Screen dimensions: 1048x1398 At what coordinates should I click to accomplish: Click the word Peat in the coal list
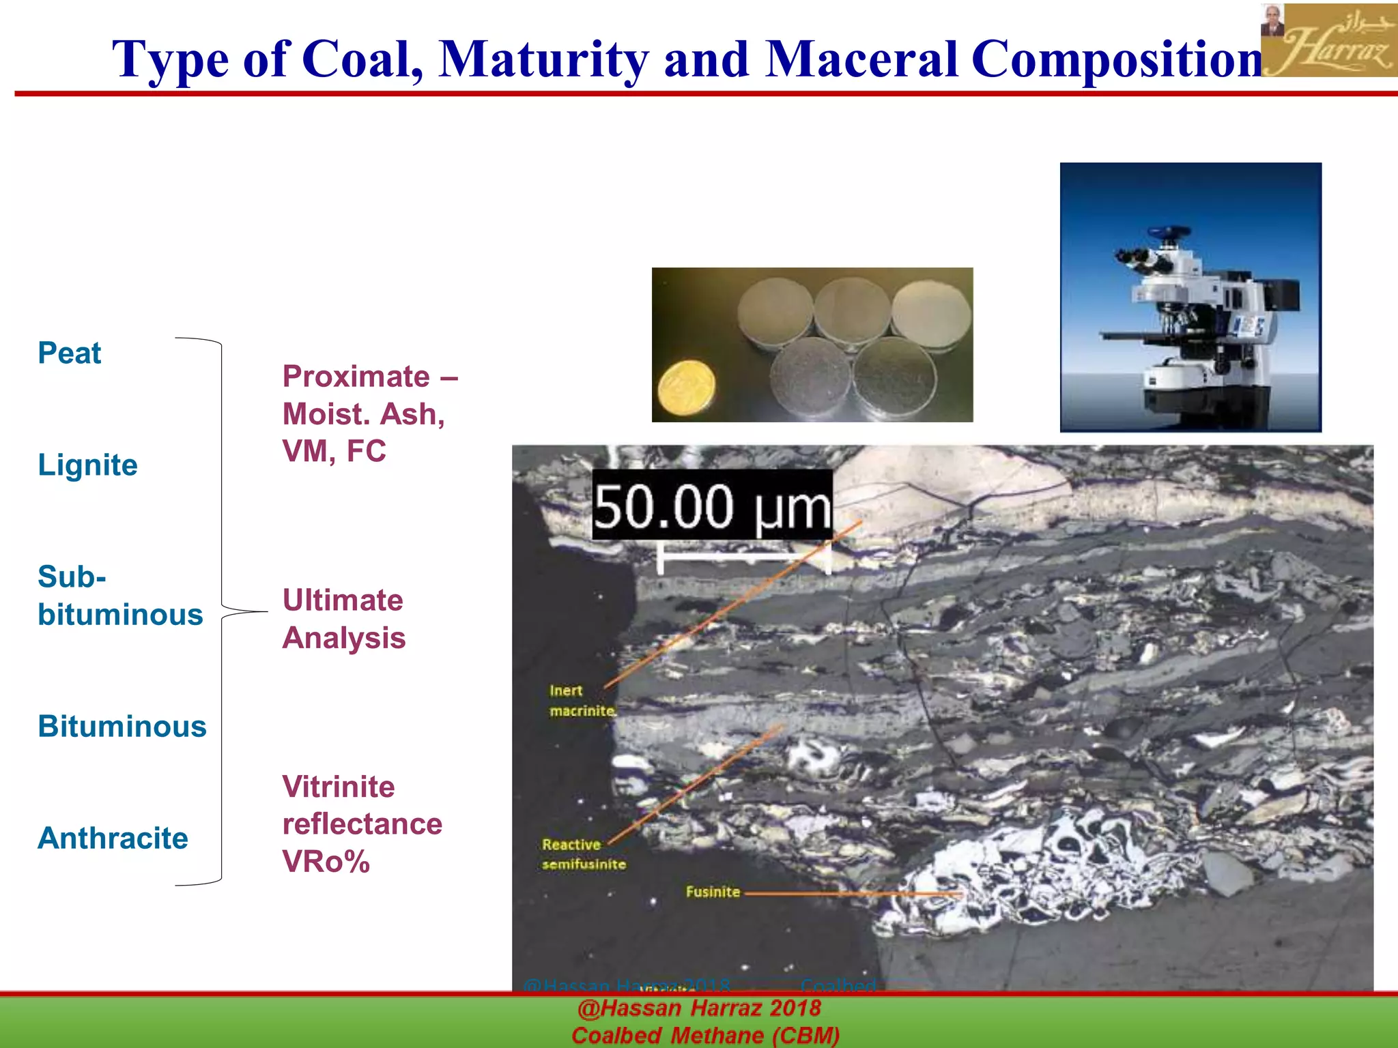tap(69, 353)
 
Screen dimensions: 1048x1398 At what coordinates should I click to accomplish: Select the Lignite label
tap(87, 465)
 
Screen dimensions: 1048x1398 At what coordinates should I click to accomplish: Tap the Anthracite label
tap(113, 838)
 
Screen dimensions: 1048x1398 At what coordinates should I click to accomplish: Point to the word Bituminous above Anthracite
tap(122, 726)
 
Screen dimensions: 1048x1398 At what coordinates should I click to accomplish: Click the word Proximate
tap(356, 377)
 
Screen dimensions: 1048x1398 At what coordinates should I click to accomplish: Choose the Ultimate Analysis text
tap(343, 619)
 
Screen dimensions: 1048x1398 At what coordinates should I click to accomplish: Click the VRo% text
tap(326, 862)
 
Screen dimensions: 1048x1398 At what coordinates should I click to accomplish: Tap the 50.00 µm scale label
tap(712, 506)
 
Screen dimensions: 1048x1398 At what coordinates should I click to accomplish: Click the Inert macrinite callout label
tap(582, 701)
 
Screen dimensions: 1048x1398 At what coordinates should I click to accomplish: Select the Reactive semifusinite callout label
tap(584, 854)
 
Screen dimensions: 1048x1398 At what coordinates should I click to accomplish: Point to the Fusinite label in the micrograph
tap(713, 892)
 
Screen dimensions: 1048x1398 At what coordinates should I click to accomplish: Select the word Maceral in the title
tap(861, 59)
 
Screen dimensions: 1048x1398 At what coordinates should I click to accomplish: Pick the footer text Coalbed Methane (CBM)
tap(705, 1035)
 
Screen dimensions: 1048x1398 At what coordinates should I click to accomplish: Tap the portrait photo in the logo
tap(1272, 20)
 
